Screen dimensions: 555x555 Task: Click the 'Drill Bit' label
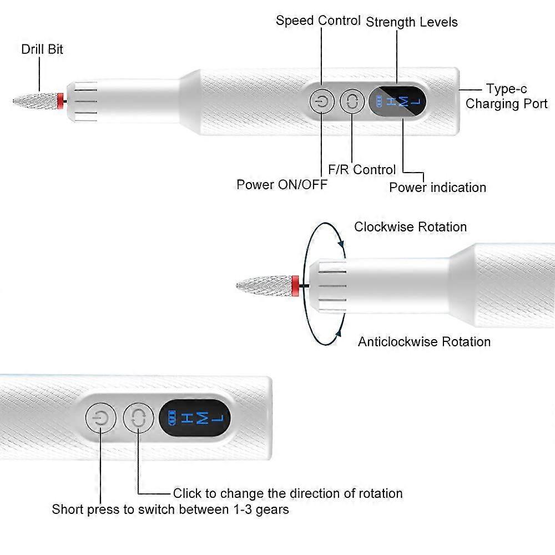(x=42, y=49)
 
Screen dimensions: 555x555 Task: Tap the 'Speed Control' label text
(x=318, y=21)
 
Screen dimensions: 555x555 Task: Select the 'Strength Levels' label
(x=412, y=22)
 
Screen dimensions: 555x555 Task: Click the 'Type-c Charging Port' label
(x=506, y=97)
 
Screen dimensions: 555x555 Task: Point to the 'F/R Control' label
(x=362, y=169)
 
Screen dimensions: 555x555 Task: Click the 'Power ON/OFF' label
(x=282, y=184)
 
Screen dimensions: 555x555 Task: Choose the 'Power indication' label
(x=437, y=187)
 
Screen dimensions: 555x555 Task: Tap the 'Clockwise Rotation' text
(x=410, y=227)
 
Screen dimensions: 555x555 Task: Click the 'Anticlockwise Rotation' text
(x=424, y=341)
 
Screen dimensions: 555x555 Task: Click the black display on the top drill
(x=397, y=102)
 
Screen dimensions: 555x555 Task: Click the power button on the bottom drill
(x=100, y=418)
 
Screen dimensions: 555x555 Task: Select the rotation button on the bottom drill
(x=138, y=418)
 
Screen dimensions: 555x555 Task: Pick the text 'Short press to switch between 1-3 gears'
(x=170, y=509)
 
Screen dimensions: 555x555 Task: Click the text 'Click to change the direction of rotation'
(x=287, y=493)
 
